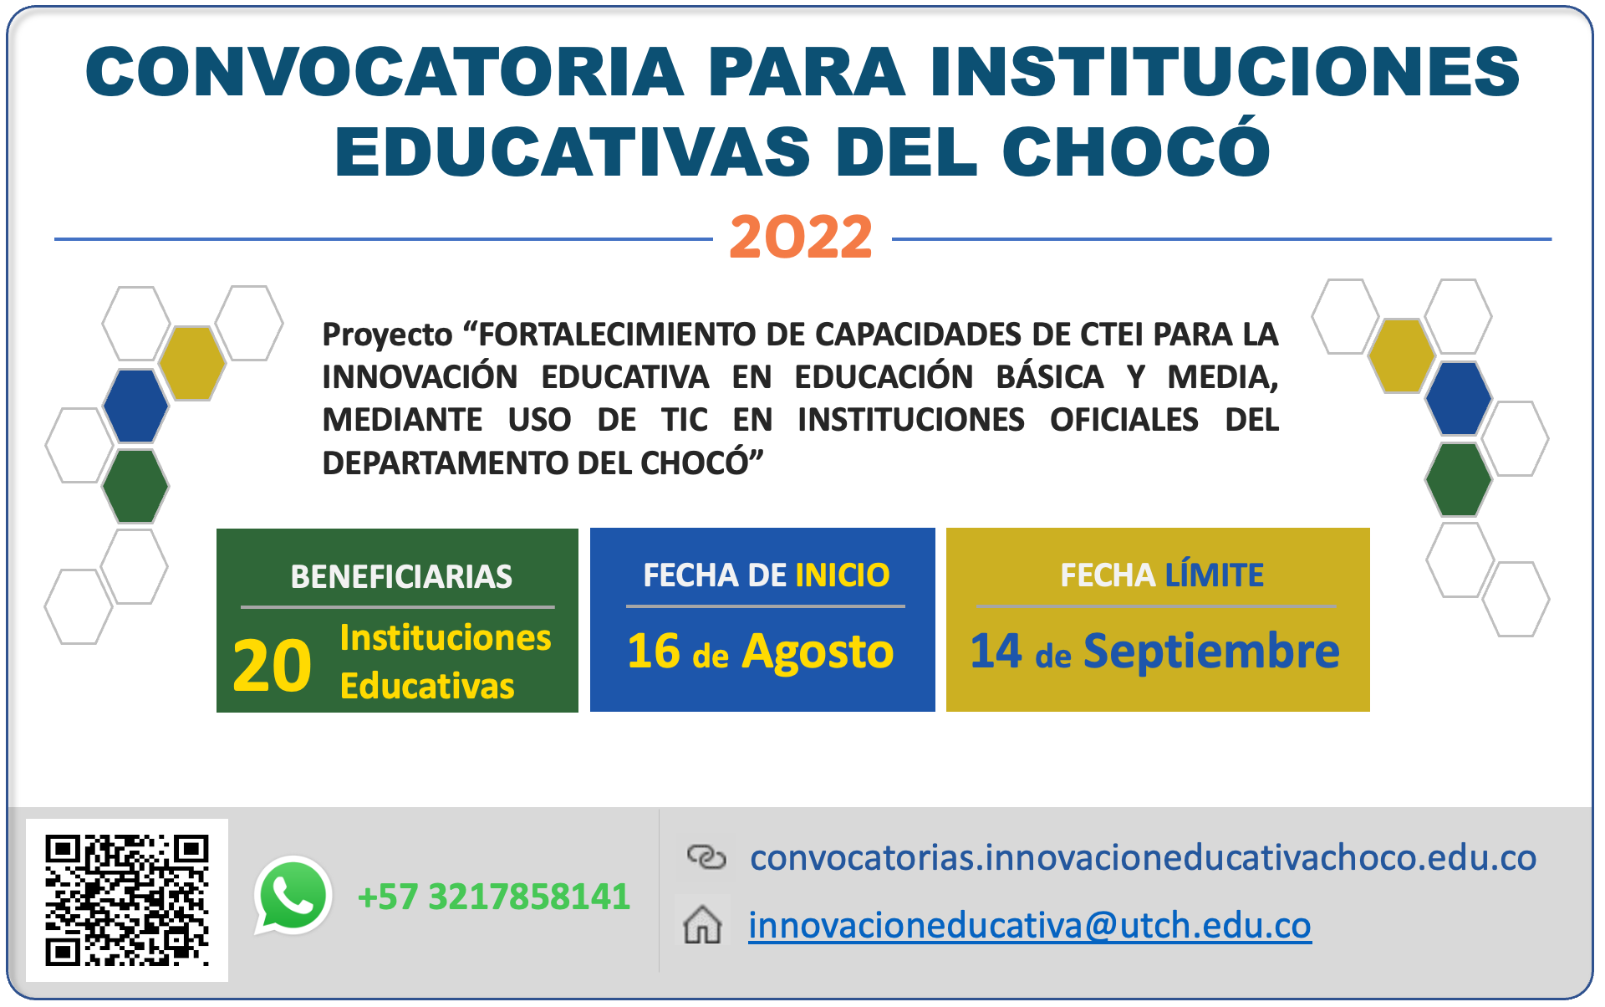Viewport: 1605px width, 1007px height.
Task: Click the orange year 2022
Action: [801, 238]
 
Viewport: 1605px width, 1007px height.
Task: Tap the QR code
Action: [127, 900]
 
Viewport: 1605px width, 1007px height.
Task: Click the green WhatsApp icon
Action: [293, 895]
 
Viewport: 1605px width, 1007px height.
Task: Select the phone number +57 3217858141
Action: [493, 897]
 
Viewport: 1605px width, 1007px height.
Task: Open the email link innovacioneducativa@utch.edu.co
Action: [1029, 926]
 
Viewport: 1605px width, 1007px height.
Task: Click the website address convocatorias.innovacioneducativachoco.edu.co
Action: [1143, 857]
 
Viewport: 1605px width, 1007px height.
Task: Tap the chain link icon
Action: [706, 857]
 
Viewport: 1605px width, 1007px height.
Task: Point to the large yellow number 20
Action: [273, 666]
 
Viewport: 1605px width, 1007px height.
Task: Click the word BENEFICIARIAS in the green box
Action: [401, 577]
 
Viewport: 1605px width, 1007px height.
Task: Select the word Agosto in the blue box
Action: [818, 652]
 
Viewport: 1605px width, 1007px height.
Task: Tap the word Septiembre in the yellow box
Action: [1211, 652]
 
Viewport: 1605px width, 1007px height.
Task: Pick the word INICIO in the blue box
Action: [842, 575]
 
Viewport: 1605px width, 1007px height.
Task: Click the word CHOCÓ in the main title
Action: [1136, 152]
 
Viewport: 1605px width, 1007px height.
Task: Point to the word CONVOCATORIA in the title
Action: [385, 72]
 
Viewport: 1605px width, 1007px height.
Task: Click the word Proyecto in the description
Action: [387, 335]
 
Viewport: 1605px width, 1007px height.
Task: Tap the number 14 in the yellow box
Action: [995, 652]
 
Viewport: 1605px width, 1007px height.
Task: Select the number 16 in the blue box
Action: [654, 652]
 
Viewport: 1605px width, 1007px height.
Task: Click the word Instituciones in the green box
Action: [446, 638]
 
